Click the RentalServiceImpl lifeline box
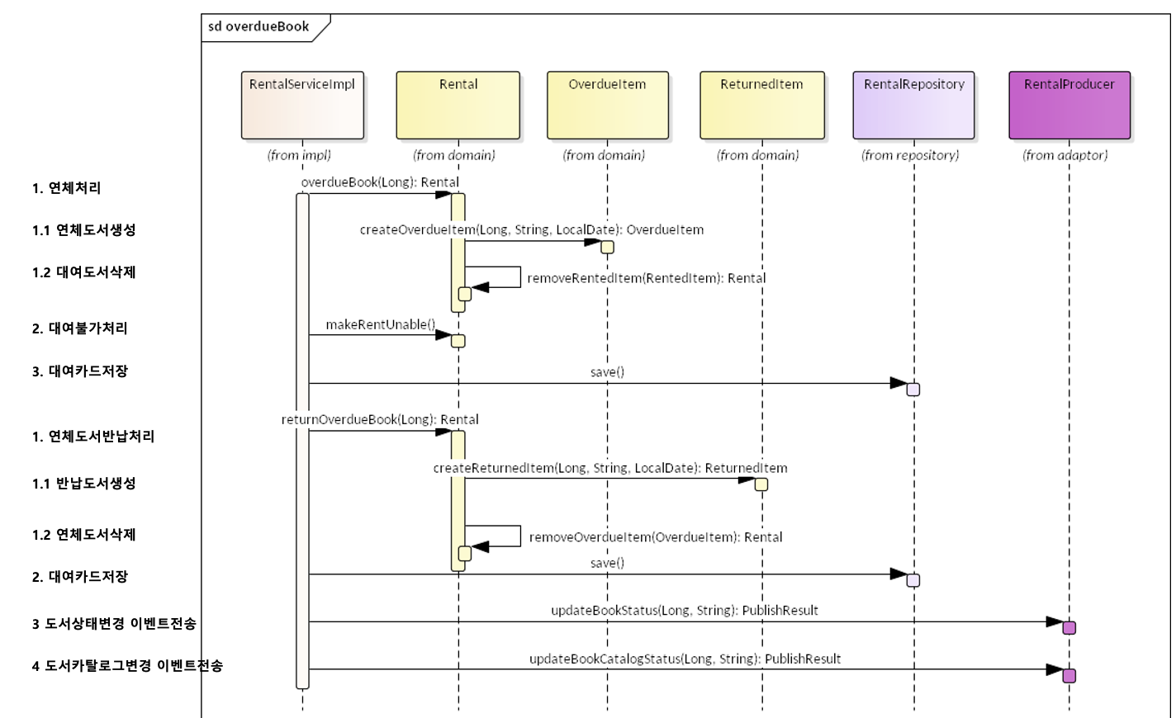[x=302, y=105]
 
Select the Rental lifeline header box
[x=458, y=105]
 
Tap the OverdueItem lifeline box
[x=608, y=105]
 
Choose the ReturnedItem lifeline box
[x=761, y=105]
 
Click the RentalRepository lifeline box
[x=913, y=105]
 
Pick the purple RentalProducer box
[x=1069, y=105]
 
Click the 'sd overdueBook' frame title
[x=258, y=26]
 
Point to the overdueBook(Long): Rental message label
[x=380, y=182]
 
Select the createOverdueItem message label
[x=532, y=230]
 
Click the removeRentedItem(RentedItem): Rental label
[x=646, y=278]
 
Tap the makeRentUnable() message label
[x=380, y=324]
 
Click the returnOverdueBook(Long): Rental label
[x=380, y=419]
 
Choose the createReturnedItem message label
[x=610, y=468]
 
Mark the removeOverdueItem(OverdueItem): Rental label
[x=656, y=537]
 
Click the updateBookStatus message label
[x=685, y=611]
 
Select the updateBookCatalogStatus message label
[x=685, y=659]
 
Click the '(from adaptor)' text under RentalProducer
[x=1065, y=155]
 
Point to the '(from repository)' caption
[x=910, y=155]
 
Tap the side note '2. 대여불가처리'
[x=80, y=328]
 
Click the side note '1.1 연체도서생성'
[x=84, y=230]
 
